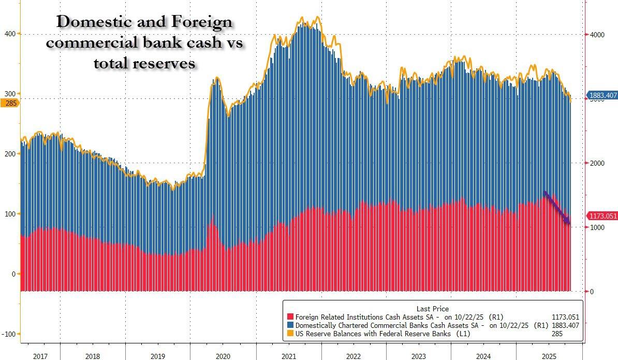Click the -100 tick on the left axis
pyautogui.click(x=9, y=334)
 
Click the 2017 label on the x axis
pyautogui.click(x=40, y=356)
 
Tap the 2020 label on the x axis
pyautogui.click(x=223, y=356)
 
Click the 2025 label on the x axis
pyautogui.click(x=549, y=356)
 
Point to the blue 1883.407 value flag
pyautogui.click(x=602, y=96)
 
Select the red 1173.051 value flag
pyautogui.click(x=602, y=216)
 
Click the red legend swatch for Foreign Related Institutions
pyautogui.click(x=290, y=317)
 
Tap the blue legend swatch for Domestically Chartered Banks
pyautogui.click(x=290, y=325)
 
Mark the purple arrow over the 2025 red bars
pyautogui.click(x=557, y=208)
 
